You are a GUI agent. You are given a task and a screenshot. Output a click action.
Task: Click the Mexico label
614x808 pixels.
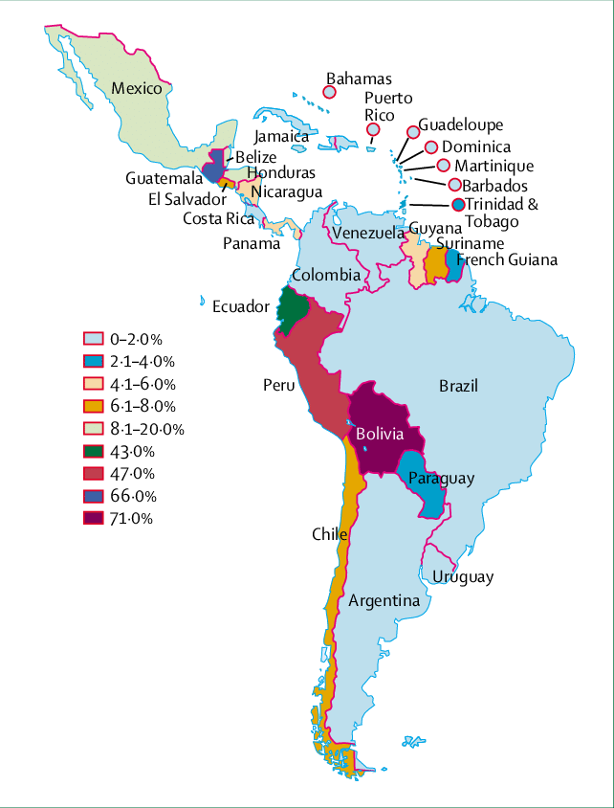tap(138, 88)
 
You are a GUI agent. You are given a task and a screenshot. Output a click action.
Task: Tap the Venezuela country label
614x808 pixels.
tap(369, 234)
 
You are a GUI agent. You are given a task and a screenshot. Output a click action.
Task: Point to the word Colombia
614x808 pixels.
tap(326, 276)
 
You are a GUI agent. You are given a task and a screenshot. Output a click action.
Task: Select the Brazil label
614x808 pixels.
tap(458, 386)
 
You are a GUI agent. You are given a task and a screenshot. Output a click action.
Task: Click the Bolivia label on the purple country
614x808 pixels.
tap(379, 434)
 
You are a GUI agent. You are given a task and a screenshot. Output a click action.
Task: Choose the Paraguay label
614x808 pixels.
tap(441, 478)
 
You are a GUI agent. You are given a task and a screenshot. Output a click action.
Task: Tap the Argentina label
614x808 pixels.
tap(384, 601)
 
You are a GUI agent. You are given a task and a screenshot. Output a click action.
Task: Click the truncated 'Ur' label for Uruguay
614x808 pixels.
tap(441, 576)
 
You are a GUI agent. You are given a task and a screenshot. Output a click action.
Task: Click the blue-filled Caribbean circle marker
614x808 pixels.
tap(459, 204)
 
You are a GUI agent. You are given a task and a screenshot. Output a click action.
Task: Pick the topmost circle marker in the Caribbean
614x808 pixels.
tap(329, 92)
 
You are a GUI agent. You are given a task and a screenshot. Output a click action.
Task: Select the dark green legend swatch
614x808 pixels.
tap(94, 451)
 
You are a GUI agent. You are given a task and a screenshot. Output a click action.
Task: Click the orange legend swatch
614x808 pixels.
tap(94, 406)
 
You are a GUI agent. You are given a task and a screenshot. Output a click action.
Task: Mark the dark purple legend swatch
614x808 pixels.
tap(94, 518)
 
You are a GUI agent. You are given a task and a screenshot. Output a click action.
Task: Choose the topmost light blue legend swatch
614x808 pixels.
tap(94, 338)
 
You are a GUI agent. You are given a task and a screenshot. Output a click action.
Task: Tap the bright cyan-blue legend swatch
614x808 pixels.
tap(94, 361)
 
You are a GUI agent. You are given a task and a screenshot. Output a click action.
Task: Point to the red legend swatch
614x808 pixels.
tap(94, 473)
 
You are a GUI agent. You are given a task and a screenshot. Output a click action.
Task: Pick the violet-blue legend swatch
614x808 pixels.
tap(94, 496)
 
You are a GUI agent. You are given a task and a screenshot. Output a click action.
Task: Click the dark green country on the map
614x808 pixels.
tap(294, 305)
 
